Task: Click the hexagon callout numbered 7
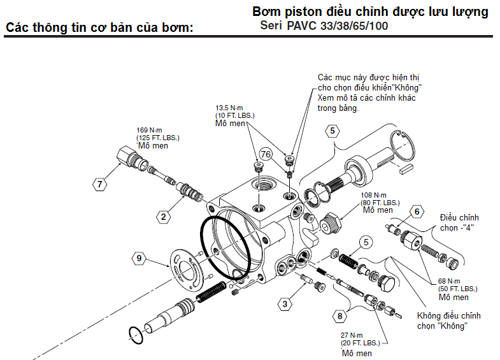pos(99,185)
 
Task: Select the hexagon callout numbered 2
pos(164,217)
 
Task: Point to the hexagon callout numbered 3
pos(285,303)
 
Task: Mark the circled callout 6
pos(417,211)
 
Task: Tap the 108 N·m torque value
pos(375,195)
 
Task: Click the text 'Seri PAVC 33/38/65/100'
pos(324,26)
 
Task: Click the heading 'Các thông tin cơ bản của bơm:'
pos(99,28)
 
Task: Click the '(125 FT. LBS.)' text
pos(158,138)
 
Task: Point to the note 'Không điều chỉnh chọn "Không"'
pos(448,320)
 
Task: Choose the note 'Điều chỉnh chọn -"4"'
pos(459,222)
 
